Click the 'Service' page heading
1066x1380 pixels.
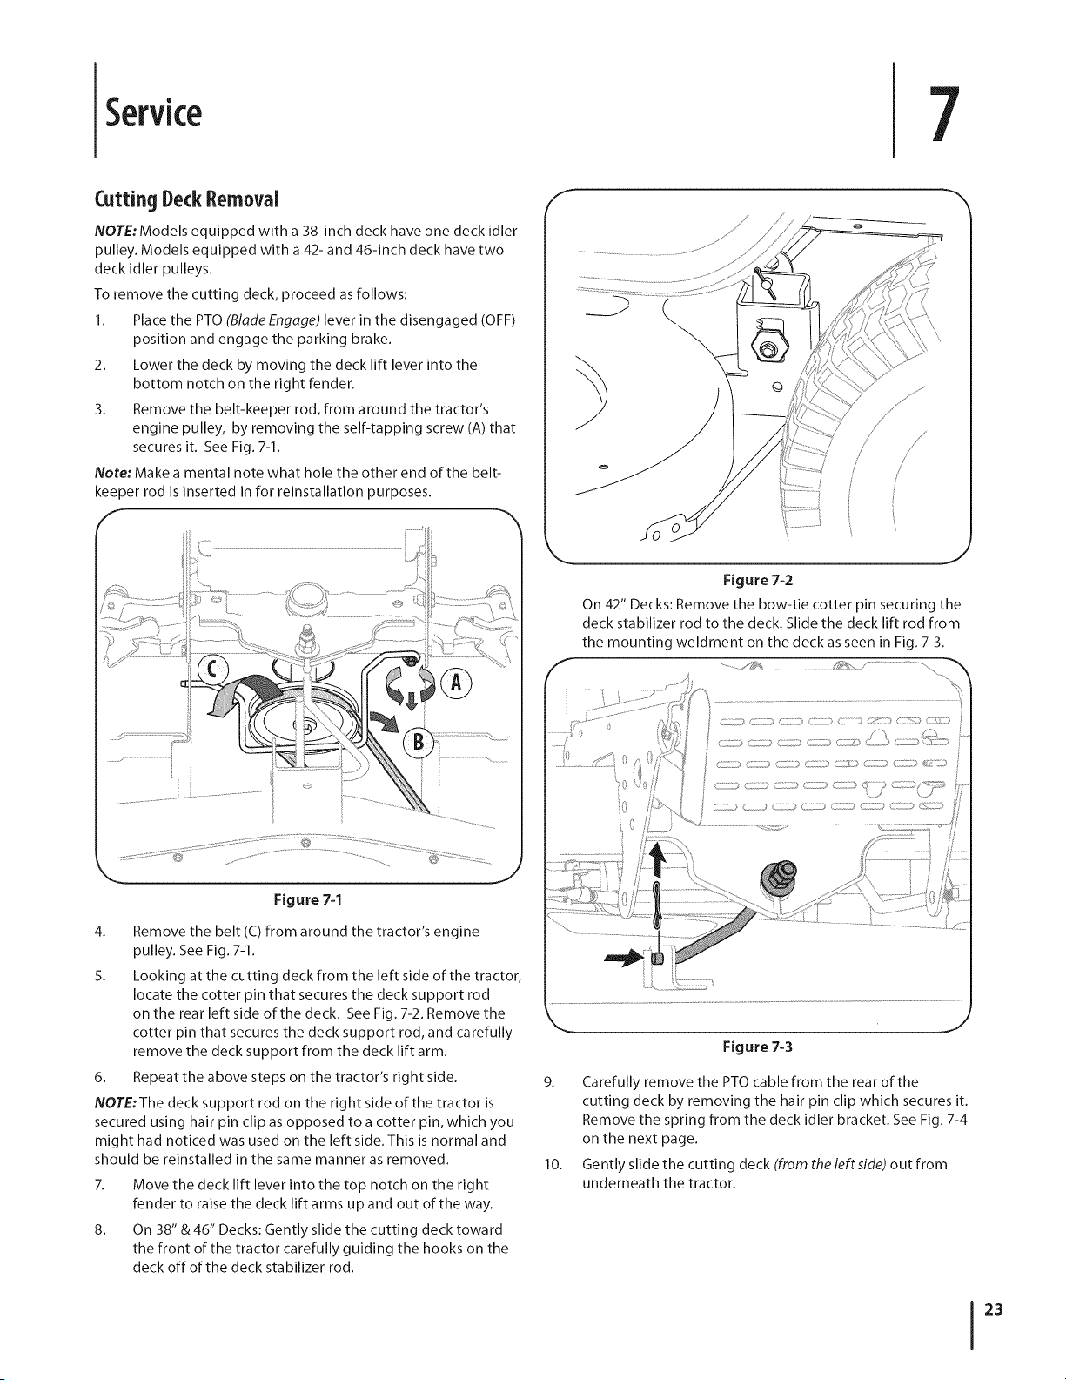pos(153,112)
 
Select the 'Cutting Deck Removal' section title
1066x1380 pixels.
pos(186,199)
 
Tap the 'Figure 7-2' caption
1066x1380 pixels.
pos(758,580)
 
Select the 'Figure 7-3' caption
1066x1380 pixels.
pos(758,1047)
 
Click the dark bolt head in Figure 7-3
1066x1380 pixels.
pos(776,877)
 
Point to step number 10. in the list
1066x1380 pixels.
pos(553,1164)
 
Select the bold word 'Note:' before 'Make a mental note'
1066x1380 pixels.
pos(113,473)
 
